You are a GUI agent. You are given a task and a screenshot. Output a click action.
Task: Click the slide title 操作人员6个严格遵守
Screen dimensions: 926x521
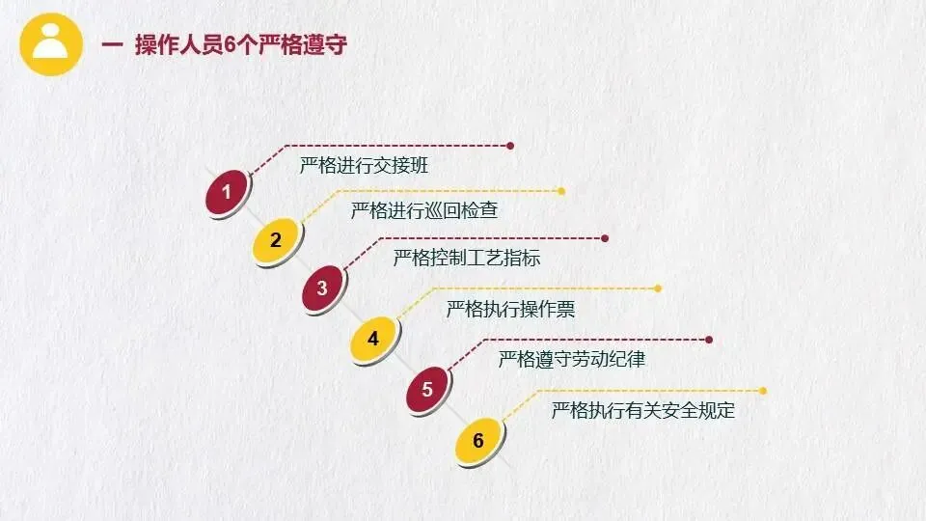(x=240, y=45)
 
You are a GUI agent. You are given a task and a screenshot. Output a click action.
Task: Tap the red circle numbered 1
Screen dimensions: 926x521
(x=227, y=192)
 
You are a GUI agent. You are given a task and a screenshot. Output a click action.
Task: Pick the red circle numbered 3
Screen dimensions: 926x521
(x=322, y=288)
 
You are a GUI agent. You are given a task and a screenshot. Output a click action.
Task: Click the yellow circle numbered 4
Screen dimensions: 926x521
(x=373, y=339)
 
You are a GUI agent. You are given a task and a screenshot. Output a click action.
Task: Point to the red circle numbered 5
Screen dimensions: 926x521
(x=427, y=391)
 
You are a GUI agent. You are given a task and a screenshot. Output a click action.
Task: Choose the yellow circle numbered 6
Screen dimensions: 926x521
(x=477, y=441)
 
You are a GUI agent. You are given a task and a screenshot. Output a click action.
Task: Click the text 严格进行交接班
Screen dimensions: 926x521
(x=364, y=165)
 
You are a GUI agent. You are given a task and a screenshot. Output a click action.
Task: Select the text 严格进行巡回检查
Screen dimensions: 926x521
(x=424, y=210)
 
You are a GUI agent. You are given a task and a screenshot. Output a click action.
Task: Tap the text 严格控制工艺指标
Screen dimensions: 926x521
(x=467, y=258)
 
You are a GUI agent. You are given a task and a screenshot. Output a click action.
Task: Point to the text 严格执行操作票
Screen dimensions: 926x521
(x=510, y=309)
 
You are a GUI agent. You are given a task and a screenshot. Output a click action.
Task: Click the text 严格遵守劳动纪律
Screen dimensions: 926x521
(x=572, y=360)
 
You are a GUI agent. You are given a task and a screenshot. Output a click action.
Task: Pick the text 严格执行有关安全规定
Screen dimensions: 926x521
(x=643, y=410)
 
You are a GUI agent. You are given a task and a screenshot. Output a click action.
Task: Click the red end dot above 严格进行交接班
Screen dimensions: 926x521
(x=510, y=146)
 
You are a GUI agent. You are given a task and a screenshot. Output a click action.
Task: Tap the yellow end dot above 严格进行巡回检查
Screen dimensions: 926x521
(x=562, y=191)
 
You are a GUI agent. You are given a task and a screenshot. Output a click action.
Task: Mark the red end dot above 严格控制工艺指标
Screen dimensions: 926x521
(x=606, y=238)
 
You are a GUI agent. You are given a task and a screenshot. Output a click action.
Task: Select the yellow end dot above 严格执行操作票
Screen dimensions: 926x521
(x=659, y=288)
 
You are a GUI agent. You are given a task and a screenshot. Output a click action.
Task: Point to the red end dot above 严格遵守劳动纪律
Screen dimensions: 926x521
(x=709, y=340)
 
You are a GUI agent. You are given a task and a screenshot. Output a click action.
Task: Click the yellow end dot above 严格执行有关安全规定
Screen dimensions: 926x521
(x=763, y=391)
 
